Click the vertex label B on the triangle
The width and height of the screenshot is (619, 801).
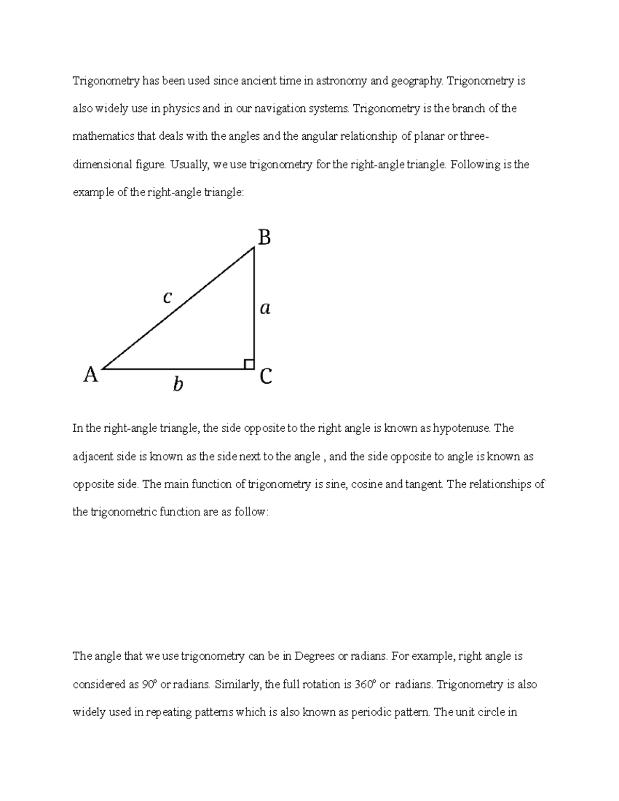(264, 238)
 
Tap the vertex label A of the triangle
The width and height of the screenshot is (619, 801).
(91, 375)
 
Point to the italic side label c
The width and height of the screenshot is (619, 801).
(167, 297)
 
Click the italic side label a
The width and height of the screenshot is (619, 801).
(265, 308)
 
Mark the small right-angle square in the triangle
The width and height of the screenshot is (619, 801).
(249, 364)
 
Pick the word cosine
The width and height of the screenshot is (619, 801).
(367, 484)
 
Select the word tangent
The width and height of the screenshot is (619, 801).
(425, 484)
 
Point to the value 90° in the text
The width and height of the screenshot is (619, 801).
(149, 684)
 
